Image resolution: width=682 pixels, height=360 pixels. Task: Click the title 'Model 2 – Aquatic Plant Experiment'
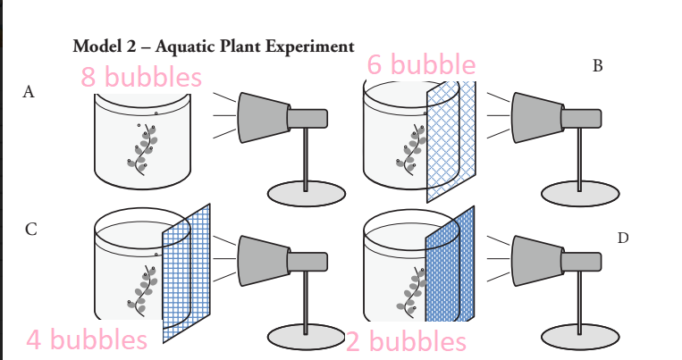[x=213, y=46]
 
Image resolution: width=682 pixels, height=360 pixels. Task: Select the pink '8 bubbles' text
[x=141, y=78]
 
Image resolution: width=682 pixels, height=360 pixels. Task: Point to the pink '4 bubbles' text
[x=87, y=339]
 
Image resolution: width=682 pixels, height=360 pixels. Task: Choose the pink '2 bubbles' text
[x=406, y=341]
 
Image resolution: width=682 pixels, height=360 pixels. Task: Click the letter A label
[x=29, y=92]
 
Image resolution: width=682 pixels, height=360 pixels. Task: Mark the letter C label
[x=30, y=230]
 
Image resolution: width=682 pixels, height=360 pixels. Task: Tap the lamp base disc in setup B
[x=579, y=193]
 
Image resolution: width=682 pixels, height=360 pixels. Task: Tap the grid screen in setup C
[x=186, y=272]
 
